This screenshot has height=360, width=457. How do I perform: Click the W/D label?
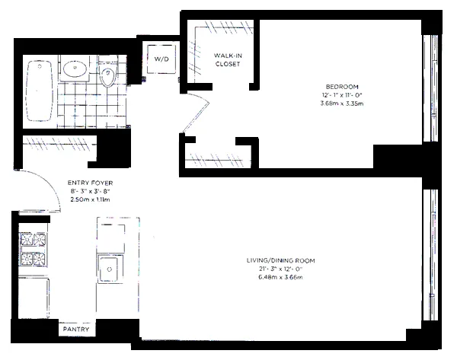tap(161, 59)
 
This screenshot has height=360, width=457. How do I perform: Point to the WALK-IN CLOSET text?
tap(228, 60)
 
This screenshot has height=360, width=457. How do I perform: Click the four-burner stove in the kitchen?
tap(31, 250)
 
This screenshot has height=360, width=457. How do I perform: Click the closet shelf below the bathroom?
tap(57, 142)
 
